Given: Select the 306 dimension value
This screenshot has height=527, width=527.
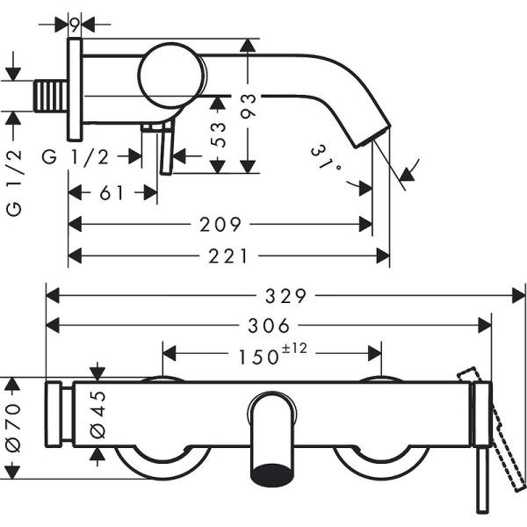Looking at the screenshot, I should (270, 326).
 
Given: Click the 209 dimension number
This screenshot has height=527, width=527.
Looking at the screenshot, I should (220, 225).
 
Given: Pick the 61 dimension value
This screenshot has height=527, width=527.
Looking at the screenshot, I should (112, 193).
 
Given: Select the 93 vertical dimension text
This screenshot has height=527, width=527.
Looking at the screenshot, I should (249, 107).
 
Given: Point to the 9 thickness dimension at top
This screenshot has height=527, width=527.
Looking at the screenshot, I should (76, 24).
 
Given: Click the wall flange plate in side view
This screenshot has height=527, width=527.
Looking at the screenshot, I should (76, 89).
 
